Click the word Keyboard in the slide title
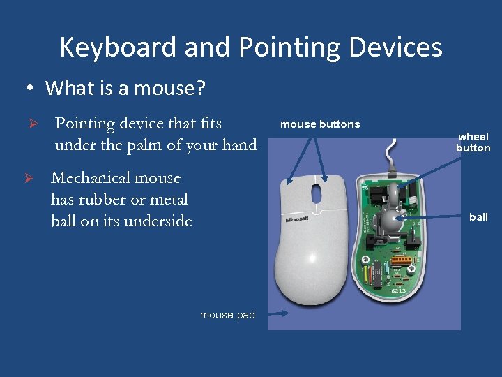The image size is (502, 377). pyautogui.click(x=119, y=47)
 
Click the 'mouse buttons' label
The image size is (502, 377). pyautogui.click(x=320, y=124)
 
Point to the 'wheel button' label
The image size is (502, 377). pyautogui.click(x=473, y=142)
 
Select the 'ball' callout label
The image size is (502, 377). pyautogui.click(x=478, y=217)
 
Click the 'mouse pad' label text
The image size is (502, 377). pyautogui.click(x=227, y=315)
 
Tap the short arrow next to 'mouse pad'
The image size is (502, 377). pyautogui.click(x=278, y=314)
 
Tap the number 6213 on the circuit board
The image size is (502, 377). pyautogui.click(x=398, y=290)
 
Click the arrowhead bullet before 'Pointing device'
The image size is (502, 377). pyautogui.click(x=30, y=124)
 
